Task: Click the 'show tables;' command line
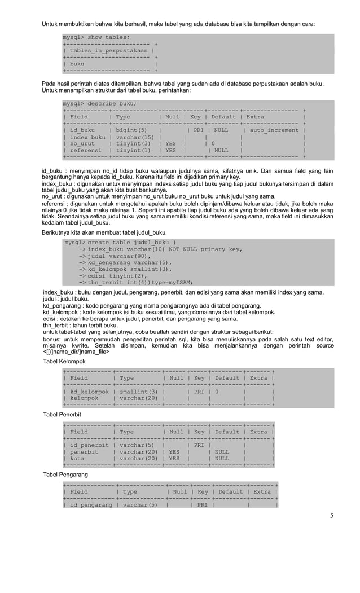point(96,37)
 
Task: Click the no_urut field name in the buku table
point(82,144)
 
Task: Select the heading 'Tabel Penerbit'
point(63,415)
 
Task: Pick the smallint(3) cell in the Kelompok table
point(138,391)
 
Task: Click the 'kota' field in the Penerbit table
point(79,459)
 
